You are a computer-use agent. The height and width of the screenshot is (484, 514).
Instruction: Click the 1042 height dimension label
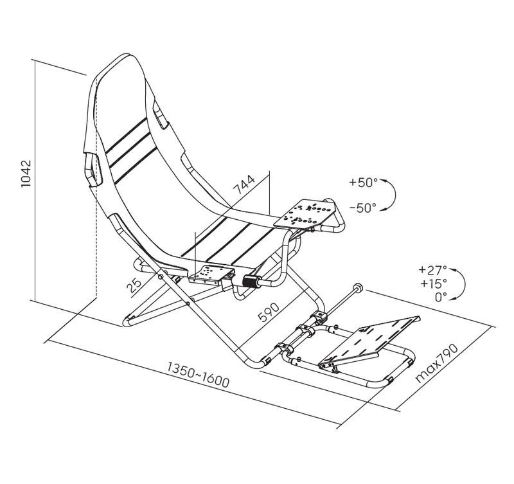coord(26,173)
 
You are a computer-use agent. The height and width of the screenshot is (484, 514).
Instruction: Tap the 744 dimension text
coord(244,184)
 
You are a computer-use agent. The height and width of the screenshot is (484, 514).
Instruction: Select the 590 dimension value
coord(269,312)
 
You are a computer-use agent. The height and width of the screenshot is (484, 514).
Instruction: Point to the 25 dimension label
coord(134,286)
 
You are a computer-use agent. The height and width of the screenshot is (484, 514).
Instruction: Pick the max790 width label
coord(436,363)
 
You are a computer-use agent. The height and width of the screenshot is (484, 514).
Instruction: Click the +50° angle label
coord(363,182)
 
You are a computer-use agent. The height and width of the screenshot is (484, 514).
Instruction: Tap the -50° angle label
coord(363,208)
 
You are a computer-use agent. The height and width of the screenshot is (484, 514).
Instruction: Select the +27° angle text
coord(432,270)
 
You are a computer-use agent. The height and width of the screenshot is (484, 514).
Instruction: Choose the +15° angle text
coord(433,283)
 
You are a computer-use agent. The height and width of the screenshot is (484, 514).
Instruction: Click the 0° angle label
coord(441,297)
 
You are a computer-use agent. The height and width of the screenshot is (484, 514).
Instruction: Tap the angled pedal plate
coord(369,341)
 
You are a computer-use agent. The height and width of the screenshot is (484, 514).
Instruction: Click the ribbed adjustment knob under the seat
coord(250,281)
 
